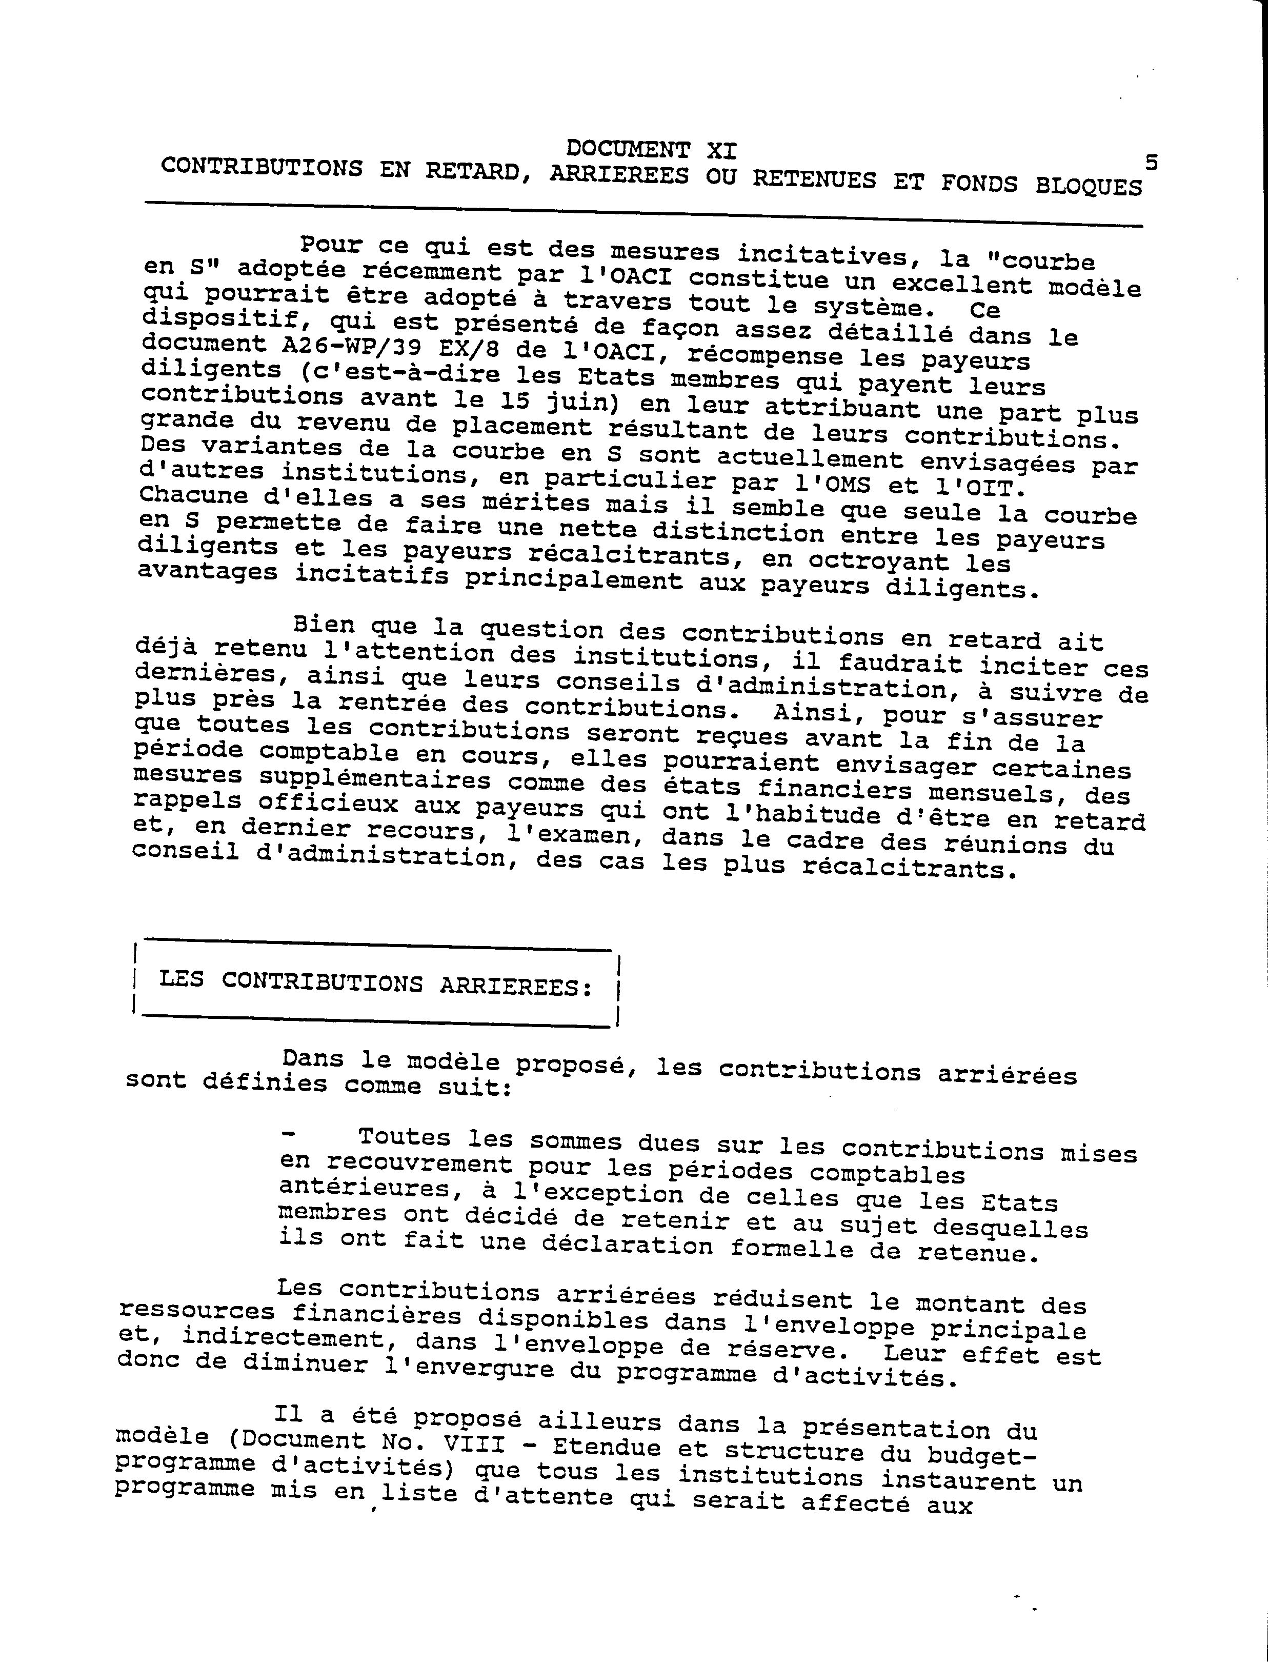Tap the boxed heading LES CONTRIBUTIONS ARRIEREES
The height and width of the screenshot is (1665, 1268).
(376, 984)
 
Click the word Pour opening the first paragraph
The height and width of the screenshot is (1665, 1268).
(331, 245)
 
